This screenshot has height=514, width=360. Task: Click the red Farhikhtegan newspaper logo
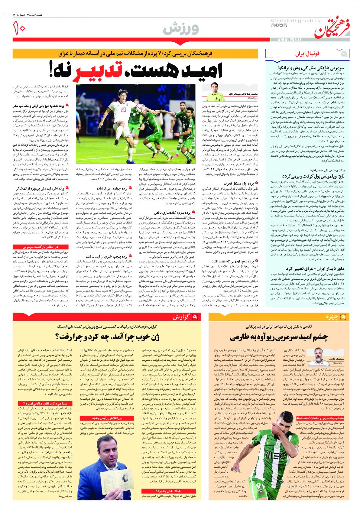[x=332, y=29]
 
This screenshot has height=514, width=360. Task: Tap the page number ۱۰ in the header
[x=20, y=29]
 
